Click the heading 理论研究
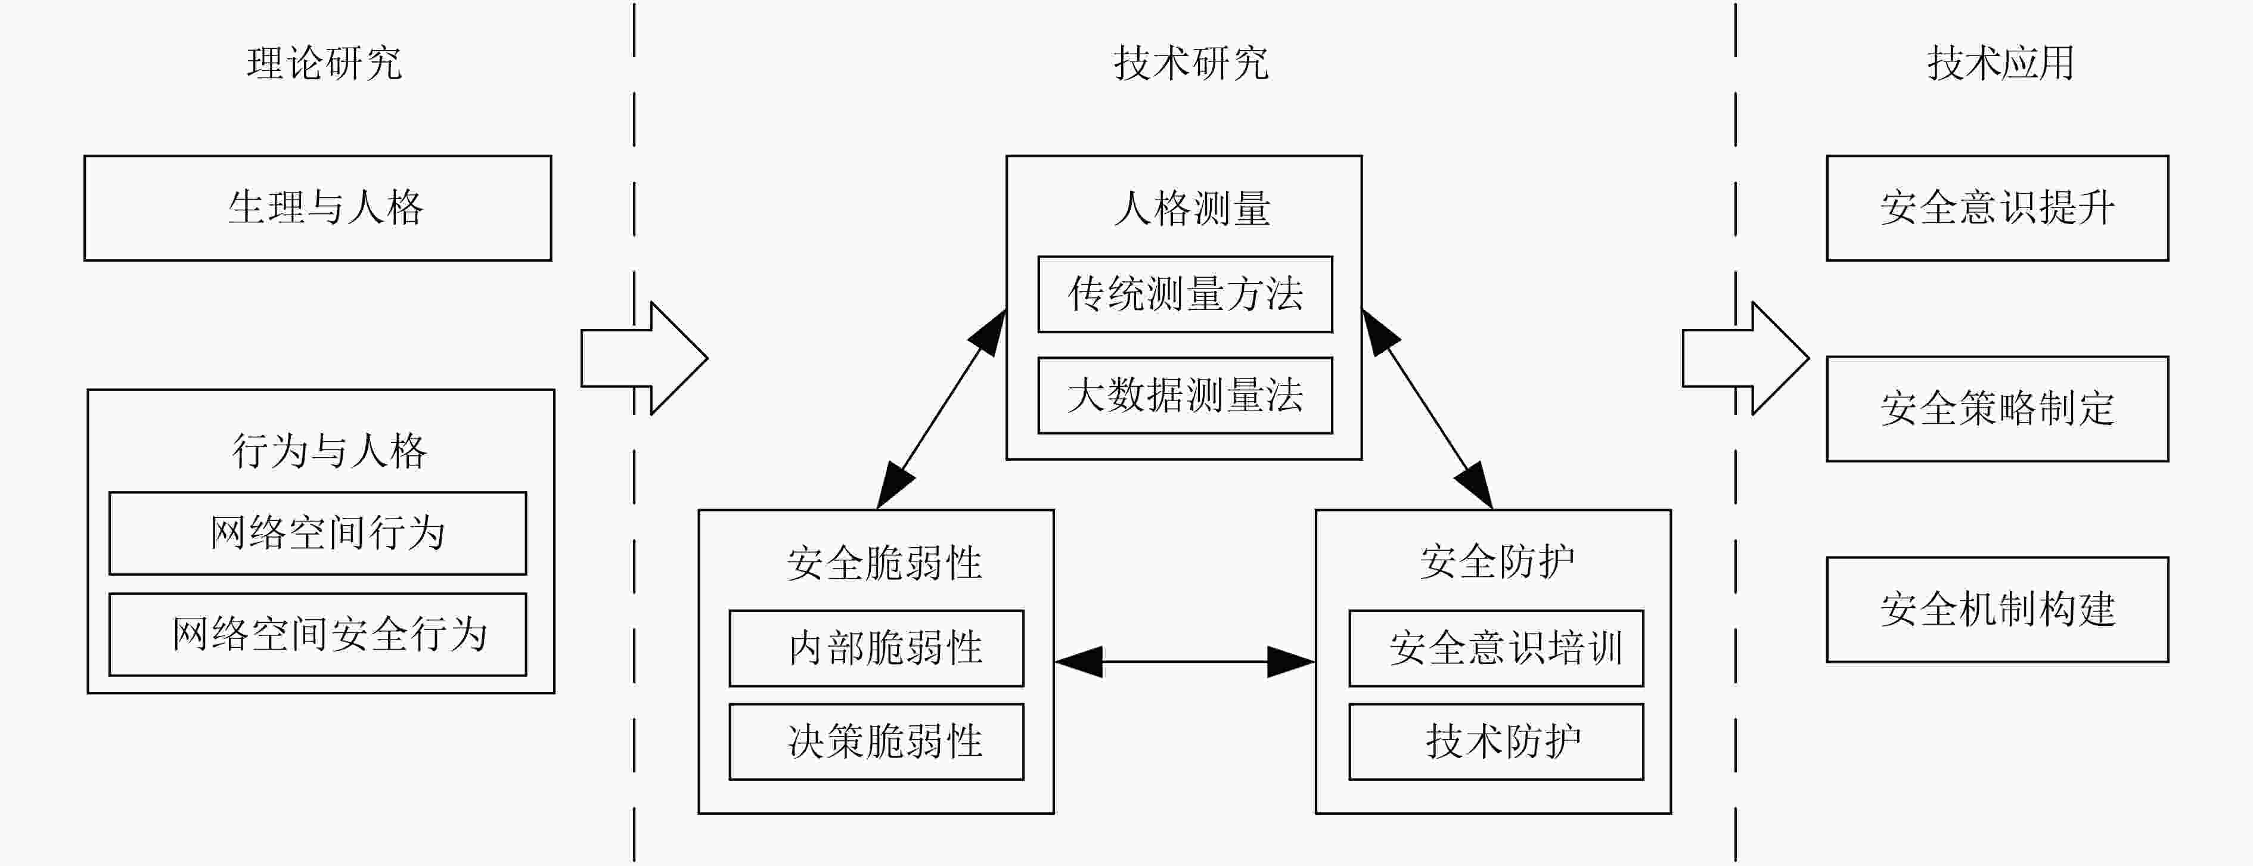(x=324, y=63)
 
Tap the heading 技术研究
(x=1191, y=63)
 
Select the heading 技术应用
(x=2001, y=63)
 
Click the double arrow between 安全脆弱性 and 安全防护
(x=1185, y=662)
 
